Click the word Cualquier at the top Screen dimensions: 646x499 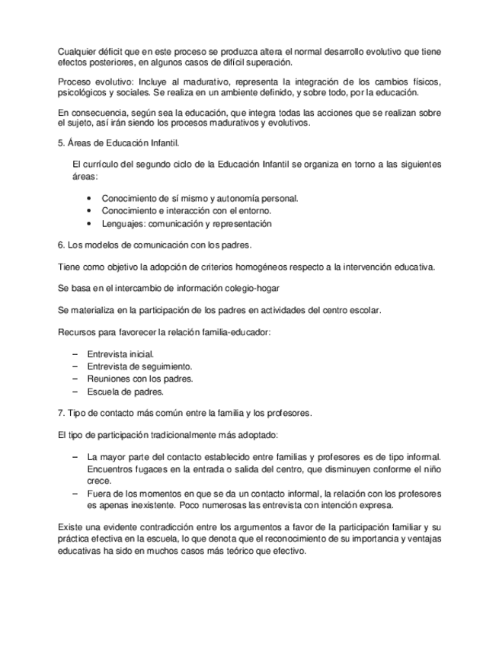tap(77, 51)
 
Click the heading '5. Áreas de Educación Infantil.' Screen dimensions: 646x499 tap(115, 142)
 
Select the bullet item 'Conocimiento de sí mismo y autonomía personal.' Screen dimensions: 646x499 tap(200, 198)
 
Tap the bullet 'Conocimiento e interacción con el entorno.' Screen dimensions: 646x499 tap(187, 210)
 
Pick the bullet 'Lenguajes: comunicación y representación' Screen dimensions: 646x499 tap(186, 223)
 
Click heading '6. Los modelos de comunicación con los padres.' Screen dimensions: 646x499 tap(155, 245)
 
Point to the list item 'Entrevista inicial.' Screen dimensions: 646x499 tap(120, 354)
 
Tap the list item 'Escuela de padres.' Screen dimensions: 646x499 tap(125, 392)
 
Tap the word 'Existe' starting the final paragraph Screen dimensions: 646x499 tap(71, 527)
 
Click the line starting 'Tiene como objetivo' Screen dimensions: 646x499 tap(246, 267)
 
